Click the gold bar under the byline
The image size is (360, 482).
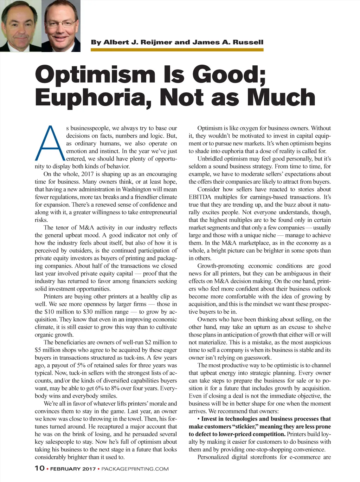[x=177, y=50]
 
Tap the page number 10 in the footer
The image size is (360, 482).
[x=40, y=468]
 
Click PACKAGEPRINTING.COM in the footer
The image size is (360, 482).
[x=135, y=469]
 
